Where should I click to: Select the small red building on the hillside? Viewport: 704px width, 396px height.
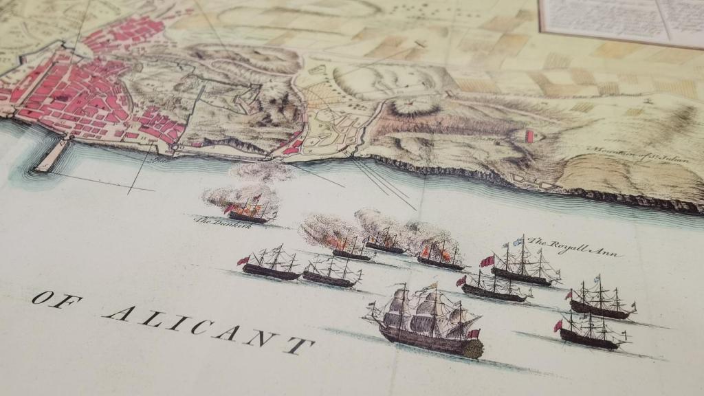pos(529,135)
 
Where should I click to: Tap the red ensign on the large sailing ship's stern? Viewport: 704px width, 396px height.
pos(472,334)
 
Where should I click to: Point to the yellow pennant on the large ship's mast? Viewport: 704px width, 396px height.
pos(432,284)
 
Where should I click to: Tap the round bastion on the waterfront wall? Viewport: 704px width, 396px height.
pos(177,146)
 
